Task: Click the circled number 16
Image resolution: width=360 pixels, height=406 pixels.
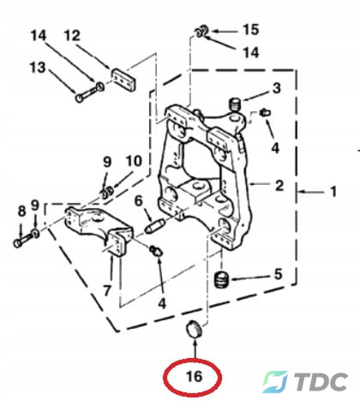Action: [x=194, y=377]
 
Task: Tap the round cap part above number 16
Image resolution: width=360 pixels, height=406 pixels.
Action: [x=194, y=329]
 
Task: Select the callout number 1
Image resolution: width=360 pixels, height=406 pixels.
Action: [x=333, y=192]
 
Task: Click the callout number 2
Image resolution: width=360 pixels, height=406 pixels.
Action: [x=279, y=185]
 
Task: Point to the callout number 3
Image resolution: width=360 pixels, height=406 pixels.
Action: [x=276, y=88]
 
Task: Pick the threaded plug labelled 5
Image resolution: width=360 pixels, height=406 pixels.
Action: [x=221, y=279]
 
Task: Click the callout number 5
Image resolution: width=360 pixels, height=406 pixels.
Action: [x=278, y=274]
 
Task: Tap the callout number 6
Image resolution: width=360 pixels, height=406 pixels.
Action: [x=139, y=200]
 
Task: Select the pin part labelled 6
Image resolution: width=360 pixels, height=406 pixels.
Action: [x=154, y=225]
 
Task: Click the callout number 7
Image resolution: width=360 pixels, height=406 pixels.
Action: [x=107, y=290]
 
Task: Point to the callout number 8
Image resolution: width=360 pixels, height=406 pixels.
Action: [x=21, y=212]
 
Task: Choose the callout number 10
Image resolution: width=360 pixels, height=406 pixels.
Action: [x=134, y=162]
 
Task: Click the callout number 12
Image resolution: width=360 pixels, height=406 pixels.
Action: [x=72, y=36]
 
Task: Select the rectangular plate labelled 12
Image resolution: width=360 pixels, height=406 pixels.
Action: [x=123, y=81]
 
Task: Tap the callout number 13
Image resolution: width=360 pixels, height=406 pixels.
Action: [x=38, y=68]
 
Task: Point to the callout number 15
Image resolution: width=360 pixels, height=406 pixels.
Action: [x=251, y=30]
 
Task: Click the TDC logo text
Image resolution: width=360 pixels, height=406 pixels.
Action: [x=321, y=382]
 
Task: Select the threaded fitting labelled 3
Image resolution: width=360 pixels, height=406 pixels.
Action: [x=236, y=104]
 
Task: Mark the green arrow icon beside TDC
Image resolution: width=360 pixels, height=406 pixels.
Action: [x=275, y=382]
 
